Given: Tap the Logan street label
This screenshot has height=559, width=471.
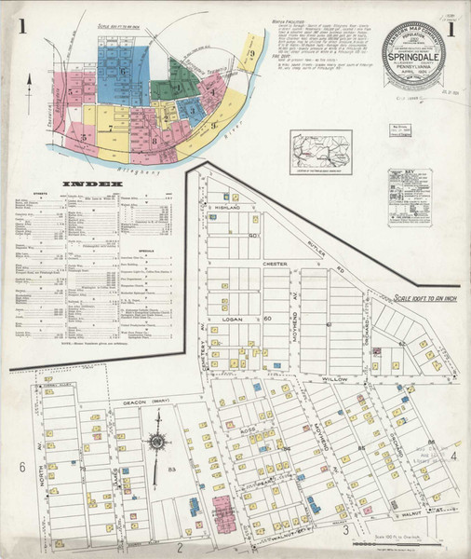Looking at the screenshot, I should tap(232, 319).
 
